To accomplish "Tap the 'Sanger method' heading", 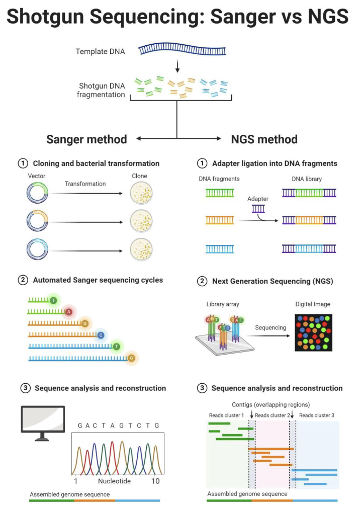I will (x=86, y=139).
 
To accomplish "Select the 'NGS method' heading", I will (x=264, y=139).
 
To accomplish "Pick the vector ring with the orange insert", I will (x=39, y=221).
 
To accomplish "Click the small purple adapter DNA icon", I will (x=258, y=208).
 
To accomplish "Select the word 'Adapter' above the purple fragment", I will (x=258, y=199).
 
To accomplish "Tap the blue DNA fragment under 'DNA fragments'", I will (x=220, y=248).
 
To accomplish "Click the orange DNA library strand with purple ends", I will (x=309, y=220).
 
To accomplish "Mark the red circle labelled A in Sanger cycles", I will (x=69, y=312).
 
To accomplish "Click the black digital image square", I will (x=313, y=333).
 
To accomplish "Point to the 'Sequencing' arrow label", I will (x=271, y=327).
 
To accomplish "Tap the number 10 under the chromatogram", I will (x=155, y=481).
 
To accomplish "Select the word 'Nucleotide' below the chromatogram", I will (x=114, y=481).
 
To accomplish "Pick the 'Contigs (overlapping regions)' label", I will (x=271, y=404).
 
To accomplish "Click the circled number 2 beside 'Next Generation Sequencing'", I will (x=201, y=281).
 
